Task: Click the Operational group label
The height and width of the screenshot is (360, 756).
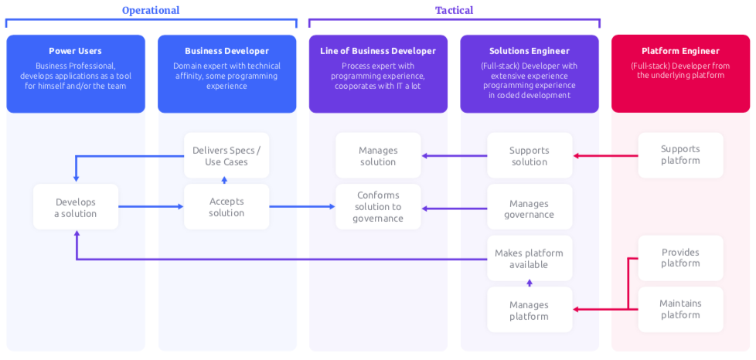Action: (x=151, y=10)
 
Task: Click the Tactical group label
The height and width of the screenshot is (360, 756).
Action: (x=454, y=10)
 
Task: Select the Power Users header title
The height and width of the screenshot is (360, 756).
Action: (x=76, y=51)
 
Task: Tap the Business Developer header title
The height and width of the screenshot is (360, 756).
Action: (x=226, y=51)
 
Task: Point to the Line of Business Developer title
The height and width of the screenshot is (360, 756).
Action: (x=378, y=51)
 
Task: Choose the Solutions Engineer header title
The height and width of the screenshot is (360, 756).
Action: (x=530, y=51)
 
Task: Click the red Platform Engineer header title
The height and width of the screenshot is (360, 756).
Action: (x=680, y=51)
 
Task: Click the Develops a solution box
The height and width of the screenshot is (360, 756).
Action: (x=76, y=207)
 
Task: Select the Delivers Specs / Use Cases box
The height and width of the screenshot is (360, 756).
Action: (x=226, y=155)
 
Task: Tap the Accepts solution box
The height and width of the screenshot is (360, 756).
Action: (x=226, y=207)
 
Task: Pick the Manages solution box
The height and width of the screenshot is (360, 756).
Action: (x=378, y=155)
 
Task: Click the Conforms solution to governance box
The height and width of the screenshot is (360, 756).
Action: (x=378, y=207)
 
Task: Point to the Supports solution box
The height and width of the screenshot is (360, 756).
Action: (x=530, y=155)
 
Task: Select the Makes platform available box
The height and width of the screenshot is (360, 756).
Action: (x=530, y=258)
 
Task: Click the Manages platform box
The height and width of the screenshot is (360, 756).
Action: (x=530, y=310)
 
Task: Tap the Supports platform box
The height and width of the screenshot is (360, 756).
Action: (x=680, y=155)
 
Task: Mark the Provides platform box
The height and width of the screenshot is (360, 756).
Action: (x=680, y=257)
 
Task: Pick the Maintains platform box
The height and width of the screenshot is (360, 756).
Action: (x=680, y=309)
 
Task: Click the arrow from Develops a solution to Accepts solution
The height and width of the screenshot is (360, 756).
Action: (x=151, y=207)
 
